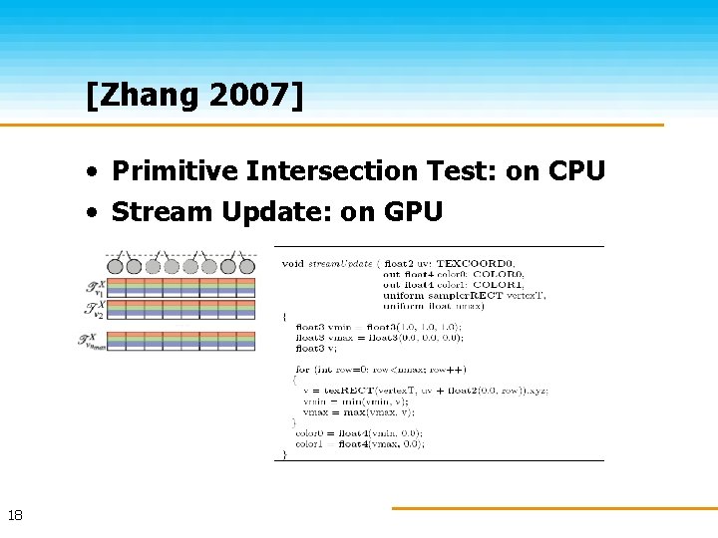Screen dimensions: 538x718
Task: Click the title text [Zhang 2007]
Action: (195, 97)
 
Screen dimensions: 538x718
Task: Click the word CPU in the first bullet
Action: (575, 171)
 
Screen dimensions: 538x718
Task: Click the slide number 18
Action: (15, 515)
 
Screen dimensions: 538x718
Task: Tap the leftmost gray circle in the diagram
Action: (115, 266)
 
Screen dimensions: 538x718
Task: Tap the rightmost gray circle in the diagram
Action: (246, 266)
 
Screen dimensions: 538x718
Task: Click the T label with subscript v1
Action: (96, 287)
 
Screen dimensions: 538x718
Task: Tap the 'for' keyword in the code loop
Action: (302, 369)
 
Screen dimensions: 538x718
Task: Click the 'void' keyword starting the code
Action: (292, 263)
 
